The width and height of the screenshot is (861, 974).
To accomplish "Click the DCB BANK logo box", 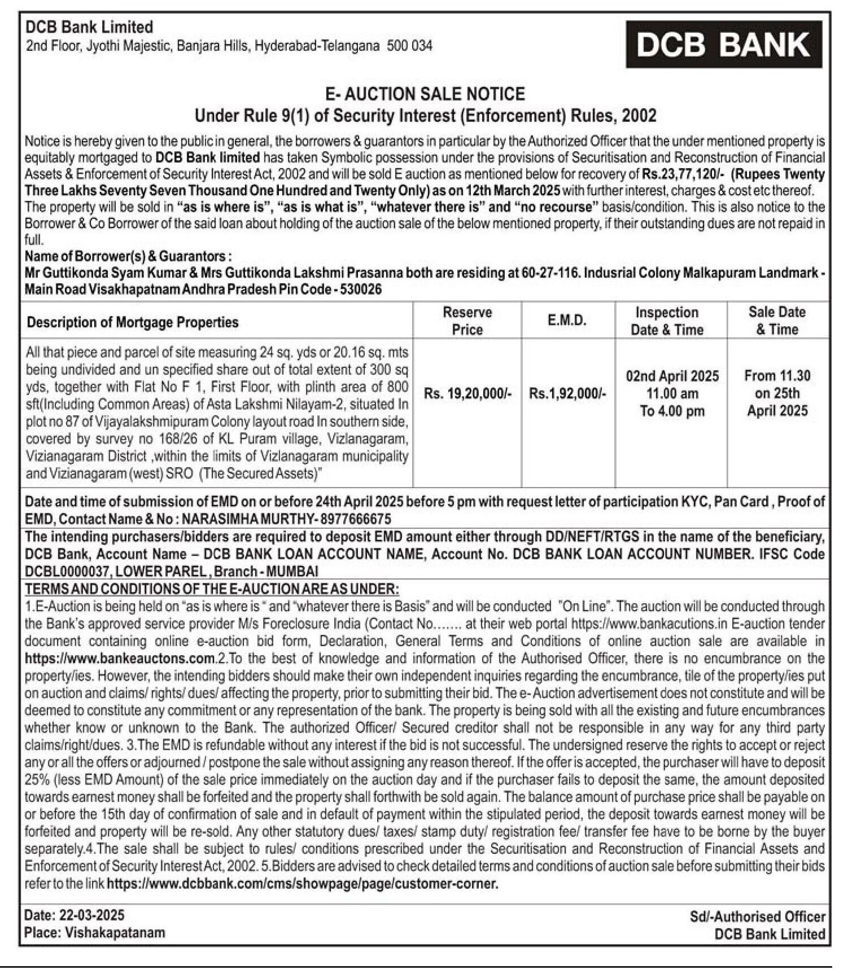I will [723, 45].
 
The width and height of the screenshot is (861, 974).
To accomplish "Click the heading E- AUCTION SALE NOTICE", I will [425, 94].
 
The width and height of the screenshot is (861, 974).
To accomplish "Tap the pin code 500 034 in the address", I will [409, 46].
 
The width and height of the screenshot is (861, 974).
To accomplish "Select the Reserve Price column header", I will [467, 321].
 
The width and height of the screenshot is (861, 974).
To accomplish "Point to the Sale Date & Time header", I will [777, 320].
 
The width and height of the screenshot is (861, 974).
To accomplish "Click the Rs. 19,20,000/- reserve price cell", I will [467, 393].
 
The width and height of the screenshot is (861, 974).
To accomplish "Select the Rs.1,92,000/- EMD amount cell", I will [567, 393].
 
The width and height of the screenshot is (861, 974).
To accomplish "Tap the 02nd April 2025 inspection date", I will [672, 376].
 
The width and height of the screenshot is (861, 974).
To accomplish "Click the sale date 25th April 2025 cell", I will [777, 402].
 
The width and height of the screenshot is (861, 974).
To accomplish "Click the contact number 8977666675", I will [355, 519].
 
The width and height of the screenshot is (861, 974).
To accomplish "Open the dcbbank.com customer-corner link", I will [302, 884].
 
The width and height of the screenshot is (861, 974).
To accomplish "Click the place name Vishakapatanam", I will [115, 932].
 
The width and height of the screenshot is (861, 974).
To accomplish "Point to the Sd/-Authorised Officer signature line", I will [757, 916].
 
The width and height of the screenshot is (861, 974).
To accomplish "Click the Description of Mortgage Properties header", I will [133, 322].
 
